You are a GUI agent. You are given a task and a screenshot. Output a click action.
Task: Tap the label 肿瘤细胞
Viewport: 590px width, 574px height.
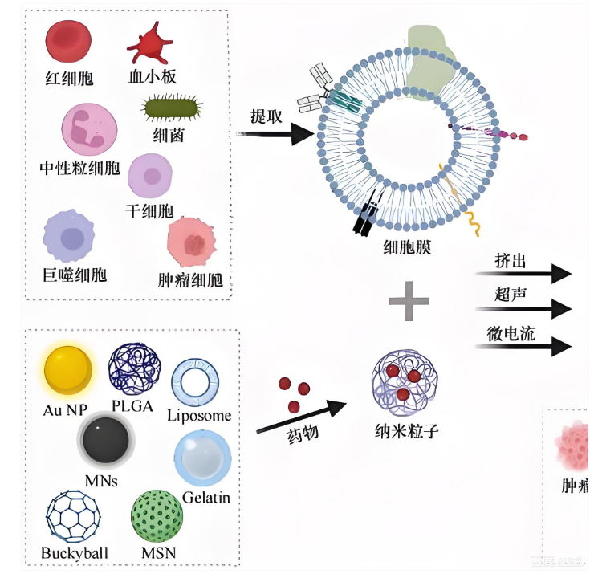click(x=190, y=281)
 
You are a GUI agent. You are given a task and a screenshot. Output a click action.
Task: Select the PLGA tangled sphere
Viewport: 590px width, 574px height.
click(x=135, y=368)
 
